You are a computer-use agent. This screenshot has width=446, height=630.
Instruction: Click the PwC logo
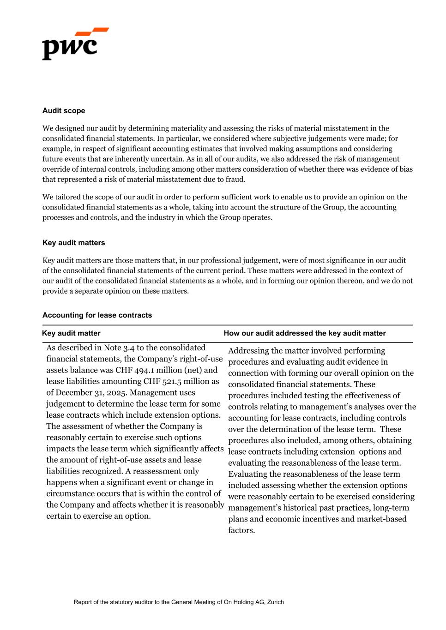(x=75, y=44)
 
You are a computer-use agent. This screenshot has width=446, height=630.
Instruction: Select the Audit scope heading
(x=64, y=111)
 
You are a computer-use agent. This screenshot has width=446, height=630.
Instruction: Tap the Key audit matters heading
(x=73, y=243)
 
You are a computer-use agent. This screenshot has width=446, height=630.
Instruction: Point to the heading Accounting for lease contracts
(x=97, y=315)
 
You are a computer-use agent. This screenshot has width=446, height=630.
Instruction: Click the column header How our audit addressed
(x=304, y=333)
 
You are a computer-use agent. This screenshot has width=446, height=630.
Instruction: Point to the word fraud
(x=235, y=180)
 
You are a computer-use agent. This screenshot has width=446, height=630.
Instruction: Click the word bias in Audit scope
(x=406, y=169)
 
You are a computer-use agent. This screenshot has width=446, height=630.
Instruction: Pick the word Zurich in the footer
(x=276, y=602)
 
